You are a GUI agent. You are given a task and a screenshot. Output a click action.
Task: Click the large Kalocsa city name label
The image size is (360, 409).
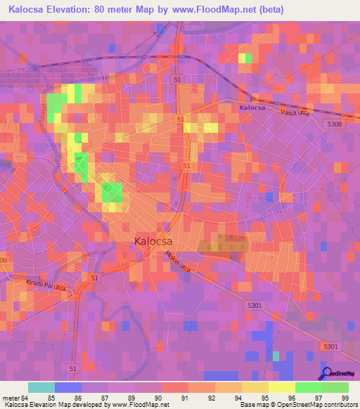(153, 241)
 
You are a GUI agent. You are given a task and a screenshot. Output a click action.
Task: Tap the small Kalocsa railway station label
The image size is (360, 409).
(251, 108)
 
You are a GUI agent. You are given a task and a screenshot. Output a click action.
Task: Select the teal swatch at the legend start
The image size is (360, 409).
(41, 387)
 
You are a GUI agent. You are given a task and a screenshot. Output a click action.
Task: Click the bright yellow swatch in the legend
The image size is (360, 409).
(281, 387)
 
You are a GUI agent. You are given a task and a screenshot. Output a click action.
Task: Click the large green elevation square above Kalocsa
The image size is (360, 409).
(112, 192)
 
